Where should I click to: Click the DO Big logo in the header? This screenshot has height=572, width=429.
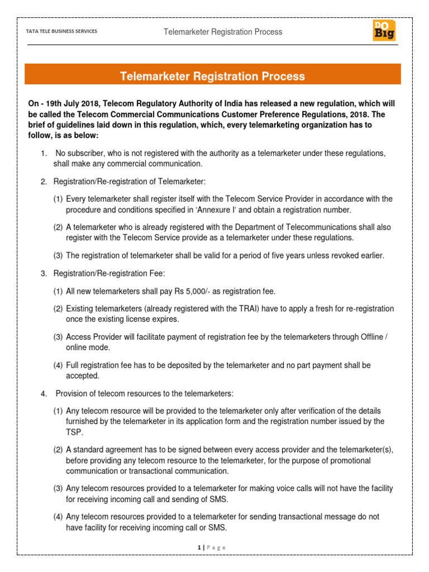pyautogui.click(x=384, y=31)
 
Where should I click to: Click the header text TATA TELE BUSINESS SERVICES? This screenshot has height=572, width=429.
pyautogui.click(x=58, y=31)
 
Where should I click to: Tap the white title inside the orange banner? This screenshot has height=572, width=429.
pyautogui.click(x=213, y=76)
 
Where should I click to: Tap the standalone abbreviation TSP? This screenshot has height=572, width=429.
pyautogui.click(x=74, y=432)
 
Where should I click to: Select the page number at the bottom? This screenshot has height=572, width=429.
pyautogui.click(x=199, y=547)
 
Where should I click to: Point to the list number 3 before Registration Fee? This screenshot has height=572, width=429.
pyautogui.click(x=44, y=274)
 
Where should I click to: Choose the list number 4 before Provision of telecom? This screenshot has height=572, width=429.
pyautogui.click(x=44, y=394)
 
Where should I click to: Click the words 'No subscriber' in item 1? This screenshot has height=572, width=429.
pyautogui.click(x=80, y=153)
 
